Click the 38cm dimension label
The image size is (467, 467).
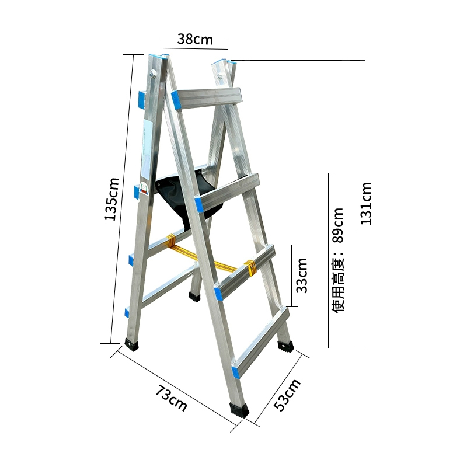point(195,39)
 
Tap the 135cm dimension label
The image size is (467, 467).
point(111,199)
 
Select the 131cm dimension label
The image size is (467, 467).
point(366,203)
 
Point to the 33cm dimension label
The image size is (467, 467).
point(302,276)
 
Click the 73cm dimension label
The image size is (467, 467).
point(171,398)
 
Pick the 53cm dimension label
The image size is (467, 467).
point(287,395)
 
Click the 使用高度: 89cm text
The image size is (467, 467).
point(338,260)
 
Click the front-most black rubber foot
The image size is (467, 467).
point(239,410)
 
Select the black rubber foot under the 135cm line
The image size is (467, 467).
point(131,344)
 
